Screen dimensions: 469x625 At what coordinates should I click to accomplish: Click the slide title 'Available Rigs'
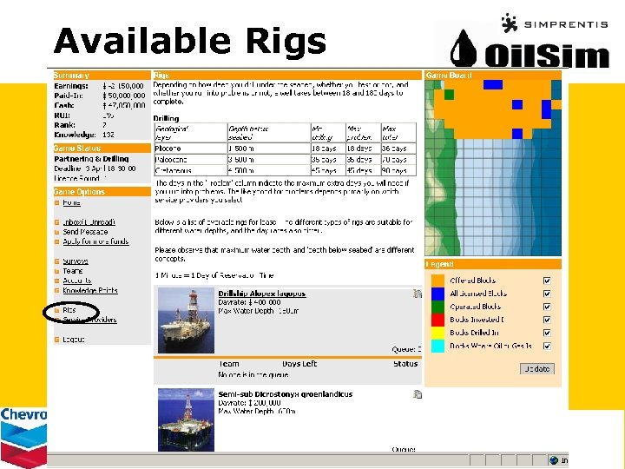point(189,41)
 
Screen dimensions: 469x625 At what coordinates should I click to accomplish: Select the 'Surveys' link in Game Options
point(75,261)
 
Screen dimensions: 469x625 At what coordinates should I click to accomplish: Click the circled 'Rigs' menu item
point(69,310)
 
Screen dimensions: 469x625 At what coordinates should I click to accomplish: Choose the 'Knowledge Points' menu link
point(89,291)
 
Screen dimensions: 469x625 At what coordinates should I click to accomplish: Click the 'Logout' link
point(74,339)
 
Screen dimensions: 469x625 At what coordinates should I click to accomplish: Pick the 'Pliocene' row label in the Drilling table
point(170,149)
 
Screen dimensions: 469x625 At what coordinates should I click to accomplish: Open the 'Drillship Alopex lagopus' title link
point(261,294)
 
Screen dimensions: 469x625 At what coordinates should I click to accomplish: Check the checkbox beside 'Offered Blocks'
point(547,281)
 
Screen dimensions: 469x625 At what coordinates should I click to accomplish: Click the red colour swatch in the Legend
point(438,320)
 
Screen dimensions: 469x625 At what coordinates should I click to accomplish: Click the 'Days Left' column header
point(299,364)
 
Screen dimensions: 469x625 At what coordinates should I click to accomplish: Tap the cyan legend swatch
point(438,346)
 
